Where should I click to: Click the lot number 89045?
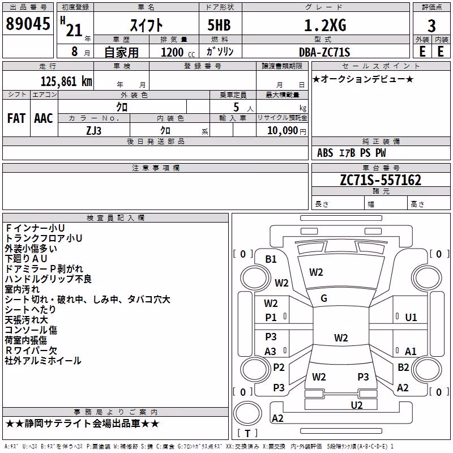(28, 24)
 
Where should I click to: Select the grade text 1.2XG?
(325, 25)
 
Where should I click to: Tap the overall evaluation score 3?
(431, 26)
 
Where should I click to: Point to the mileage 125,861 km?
(66, 82)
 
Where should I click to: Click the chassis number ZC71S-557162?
(381, 180)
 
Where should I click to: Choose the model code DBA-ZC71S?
(324, 52)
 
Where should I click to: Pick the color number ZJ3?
(94, 131)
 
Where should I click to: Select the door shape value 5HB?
(219, 25)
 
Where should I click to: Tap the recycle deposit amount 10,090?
(283, 131)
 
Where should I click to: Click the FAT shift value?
(16, 118)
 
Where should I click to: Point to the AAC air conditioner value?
(44, 118)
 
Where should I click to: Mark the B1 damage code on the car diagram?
(271, 259)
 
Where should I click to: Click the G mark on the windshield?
(324, 298)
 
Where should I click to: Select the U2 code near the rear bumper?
(357, 405)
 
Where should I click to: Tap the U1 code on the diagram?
(411, 318)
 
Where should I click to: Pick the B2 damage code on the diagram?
(403, 367)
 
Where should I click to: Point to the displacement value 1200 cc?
(178, 52)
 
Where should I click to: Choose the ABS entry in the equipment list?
(325, 153)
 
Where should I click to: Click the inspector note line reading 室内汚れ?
(22, 289)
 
